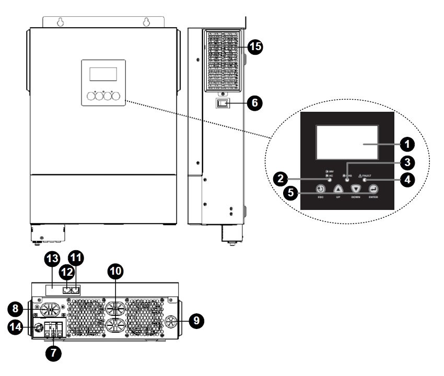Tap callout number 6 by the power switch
click(x=254, y=102)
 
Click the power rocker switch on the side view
click(x=223, y=103)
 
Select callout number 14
click(x=15, y=327)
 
